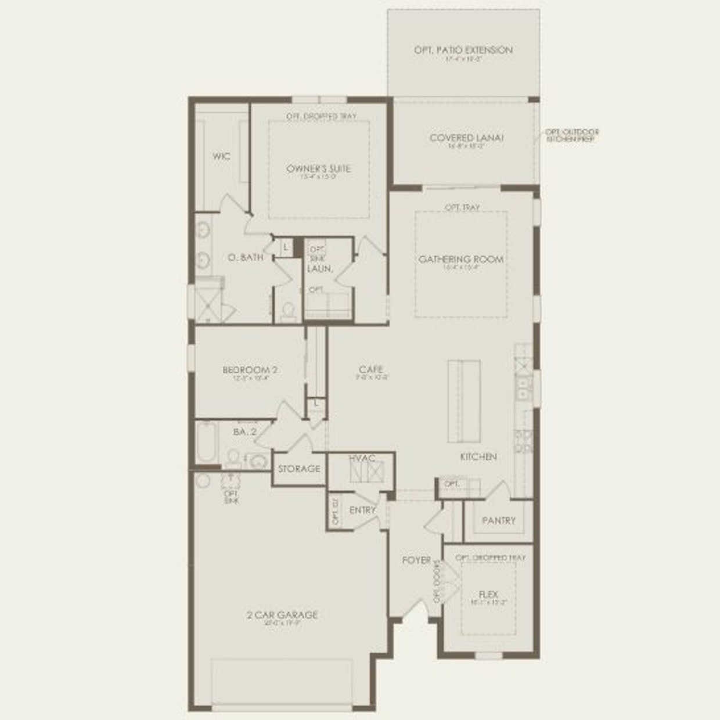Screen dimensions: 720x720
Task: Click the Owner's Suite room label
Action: [x=318, y=169]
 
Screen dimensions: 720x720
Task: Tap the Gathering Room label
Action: [x=461, y=260]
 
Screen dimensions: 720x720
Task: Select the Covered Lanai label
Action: [x=466, y=138]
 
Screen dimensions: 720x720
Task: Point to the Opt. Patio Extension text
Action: [x=463, y=51]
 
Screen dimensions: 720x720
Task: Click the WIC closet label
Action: [x=221, y=156]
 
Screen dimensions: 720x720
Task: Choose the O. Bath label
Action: [x=246, y=257]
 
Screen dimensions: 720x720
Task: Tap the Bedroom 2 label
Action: [x=250, y=370]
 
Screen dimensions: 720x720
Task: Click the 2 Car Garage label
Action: [x=282, y=615]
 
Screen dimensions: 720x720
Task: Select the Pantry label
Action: [x=498, y=521]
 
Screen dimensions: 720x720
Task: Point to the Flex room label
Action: [x=488, y=595]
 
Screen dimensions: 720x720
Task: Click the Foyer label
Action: [x=416, y=560]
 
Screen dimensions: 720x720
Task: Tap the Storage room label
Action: [x=299, y=469]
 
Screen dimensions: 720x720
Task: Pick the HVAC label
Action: [x=362, y=458]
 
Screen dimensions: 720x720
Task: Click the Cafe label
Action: [x=371, y=369]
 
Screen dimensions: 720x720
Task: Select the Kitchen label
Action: [x=478, y=457]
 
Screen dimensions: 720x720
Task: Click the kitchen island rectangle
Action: [x=463, y=401]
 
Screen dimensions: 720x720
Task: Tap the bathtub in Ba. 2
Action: [x=206, y=442]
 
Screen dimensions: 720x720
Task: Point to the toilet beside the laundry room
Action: [x=287, y=311]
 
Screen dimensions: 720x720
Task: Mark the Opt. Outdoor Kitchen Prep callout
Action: [x=572, y=136]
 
